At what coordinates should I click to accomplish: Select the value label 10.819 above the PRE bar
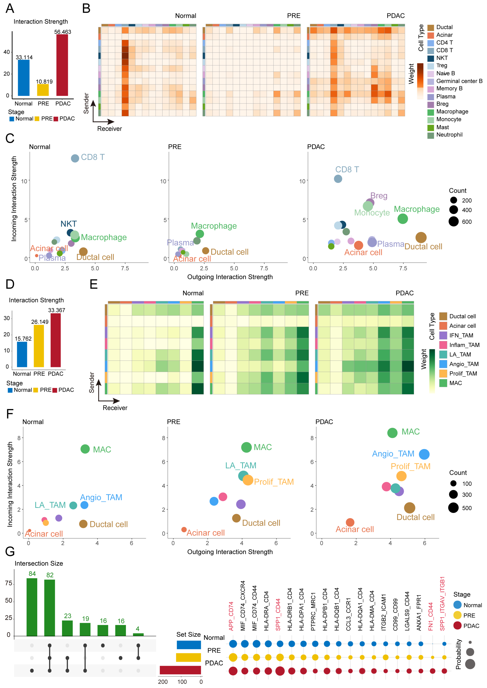tap(44, 82)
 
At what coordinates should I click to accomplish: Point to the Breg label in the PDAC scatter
tap(379, 196)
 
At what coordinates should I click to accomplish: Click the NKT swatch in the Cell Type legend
tap(431, 58)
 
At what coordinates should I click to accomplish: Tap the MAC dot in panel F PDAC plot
tap(392, 433)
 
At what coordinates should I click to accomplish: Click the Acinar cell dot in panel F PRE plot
tap(184, 529)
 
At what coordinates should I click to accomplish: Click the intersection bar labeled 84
tap(32, 607)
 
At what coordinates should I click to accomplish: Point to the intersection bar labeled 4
tap(138, 635)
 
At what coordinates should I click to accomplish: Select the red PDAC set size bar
tap(180, 670)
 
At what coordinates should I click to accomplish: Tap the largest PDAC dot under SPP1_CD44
tap(280, 671)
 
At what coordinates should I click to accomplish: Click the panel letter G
tap(10, 551)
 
